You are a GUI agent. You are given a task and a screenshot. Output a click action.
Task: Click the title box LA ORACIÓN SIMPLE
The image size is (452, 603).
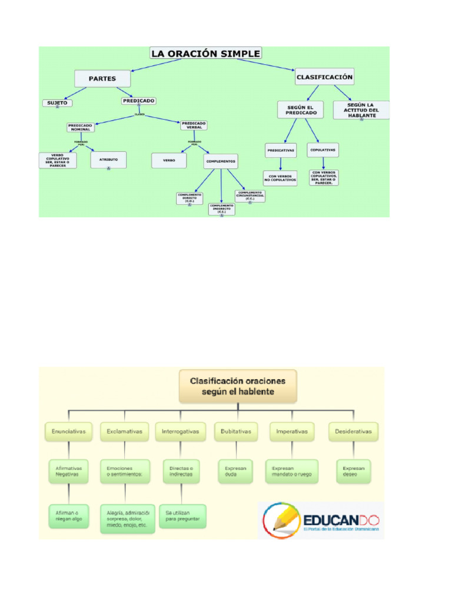coord(205,54)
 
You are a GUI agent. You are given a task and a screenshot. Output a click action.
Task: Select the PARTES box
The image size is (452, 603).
coord(102,78)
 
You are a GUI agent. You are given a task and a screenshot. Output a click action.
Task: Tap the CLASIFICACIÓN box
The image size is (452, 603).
coord(324,77)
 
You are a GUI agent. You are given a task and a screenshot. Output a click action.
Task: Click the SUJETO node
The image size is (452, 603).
coord(57,103)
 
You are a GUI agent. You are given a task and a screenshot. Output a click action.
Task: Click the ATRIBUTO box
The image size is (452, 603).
coord(108,160)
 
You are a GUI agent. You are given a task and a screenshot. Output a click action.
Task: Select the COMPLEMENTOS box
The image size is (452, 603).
coord(221,161)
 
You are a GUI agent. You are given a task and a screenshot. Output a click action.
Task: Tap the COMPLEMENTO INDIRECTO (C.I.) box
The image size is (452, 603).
coord(221,208)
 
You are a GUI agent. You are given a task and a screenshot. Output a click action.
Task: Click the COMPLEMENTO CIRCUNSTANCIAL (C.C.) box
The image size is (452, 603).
coord(250,196)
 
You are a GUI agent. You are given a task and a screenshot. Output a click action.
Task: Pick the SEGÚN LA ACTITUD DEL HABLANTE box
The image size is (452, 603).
coord(361,110)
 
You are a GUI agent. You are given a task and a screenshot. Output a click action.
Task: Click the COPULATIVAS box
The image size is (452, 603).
coord(323,150)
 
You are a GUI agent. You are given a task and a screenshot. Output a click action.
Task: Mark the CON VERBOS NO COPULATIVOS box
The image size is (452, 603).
coord(281,178)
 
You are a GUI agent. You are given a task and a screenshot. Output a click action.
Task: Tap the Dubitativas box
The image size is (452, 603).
coord(235,432)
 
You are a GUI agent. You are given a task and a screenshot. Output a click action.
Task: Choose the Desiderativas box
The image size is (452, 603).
coord(353,432)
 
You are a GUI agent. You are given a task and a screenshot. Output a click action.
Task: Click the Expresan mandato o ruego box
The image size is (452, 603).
coord(292,471)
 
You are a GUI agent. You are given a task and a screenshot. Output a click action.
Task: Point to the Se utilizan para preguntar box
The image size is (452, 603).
coord(182,516)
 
